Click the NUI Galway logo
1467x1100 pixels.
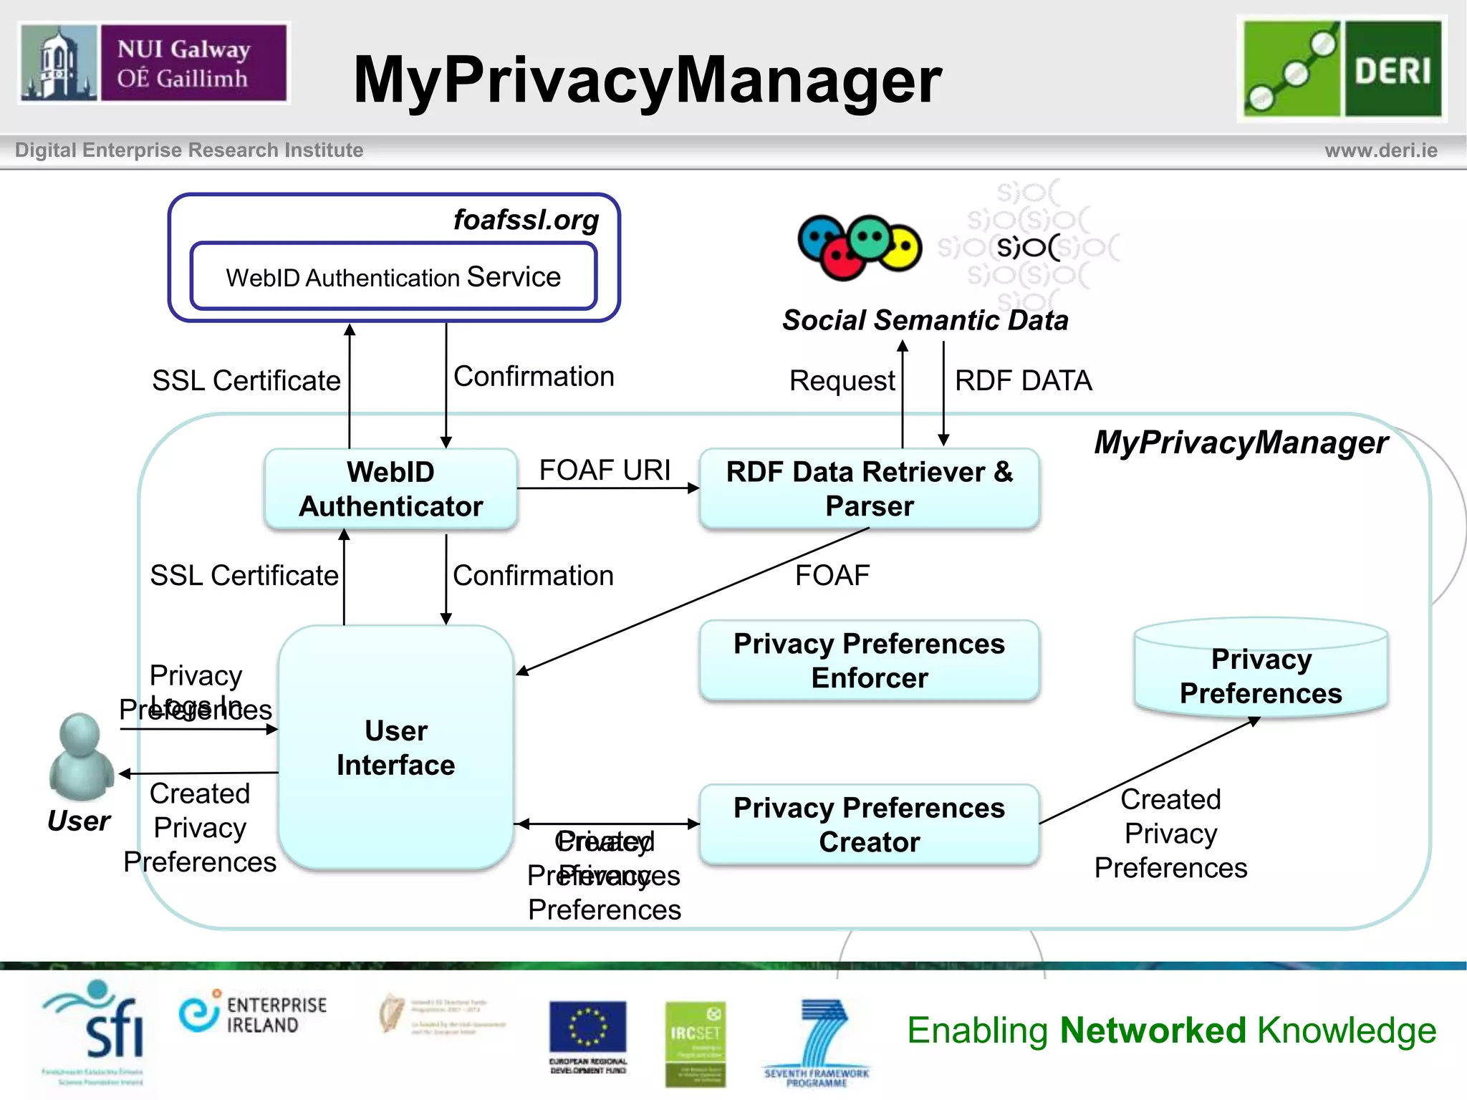tap(153, 63)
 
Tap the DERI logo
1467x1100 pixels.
tap(1342, 68)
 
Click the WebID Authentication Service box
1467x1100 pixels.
tap(393, 276)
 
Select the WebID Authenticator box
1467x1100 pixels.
tap(390, 489)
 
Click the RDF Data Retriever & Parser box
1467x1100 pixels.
tap(869, 489)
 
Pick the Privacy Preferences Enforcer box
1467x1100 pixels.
tap(869, 660)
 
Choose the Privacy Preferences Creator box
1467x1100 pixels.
tap(869, 824)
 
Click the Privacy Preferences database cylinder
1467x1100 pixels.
tap(1261, 670)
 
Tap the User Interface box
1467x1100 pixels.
tap(395, 747)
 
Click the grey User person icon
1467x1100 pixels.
tap(80, 757)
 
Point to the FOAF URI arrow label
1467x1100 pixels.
tap(605, 471)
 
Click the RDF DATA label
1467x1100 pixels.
tap(1023, 381)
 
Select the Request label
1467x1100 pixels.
tap(842, 381)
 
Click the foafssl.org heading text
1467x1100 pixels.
tap(526, 220)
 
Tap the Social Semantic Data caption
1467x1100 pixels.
tap(925, 320)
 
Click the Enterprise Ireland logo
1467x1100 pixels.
tap(253, 1014)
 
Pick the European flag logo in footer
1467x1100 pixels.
tap(587, 1027)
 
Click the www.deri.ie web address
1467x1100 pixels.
tap(1380, 150)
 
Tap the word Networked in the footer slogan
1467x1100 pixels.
tap(1153, 1031)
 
